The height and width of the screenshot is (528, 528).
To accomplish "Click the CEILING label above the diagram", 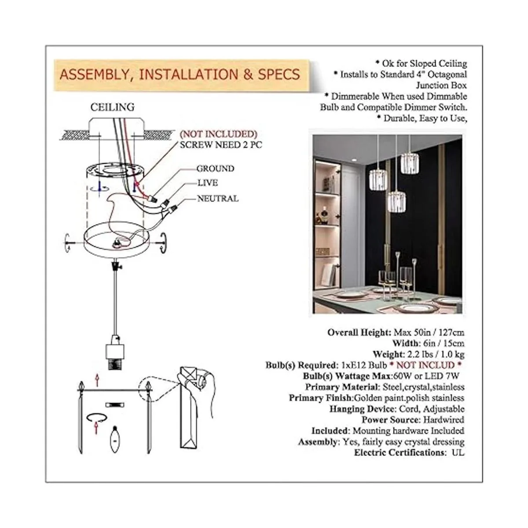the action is pyautogui.click(x=112, y=107).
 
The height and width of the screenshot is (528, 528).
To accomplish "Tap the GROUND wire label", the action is pyautogui.click(x=215, y=169).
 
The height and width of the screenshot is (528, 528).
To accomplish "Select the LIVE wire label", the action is pyautogui.click(x=208, y=183).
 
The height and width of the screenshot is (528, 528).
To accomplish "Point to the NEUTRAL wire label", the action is pyautogui.click(x=218, y=198).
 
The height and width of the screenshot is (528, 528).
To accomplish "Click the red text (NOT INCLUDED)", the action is pyautogui.click(x=218, y=134).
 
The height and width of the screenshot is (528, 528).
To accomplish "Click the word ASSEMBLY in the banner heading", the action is pyautogui.click(x=95, y=75).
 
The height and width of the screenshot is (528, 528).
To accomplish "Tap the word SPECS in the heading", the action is pyautogui.click(x=279, y=74).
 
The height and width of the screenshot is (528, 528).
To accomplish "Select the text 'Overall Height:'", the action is pyautogui.click(x=359, y=332).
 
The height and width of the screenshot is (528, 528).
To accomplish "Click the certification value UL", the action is pyautogui.click(x=458, y=452).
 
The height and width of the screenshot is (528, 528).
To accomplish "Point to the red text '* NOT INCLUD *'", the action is pyautogui.click(x=425, y=365).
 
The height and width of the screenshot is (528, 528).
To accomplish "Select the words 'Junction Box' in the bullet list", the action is pyautogui.click(x=441, y=85).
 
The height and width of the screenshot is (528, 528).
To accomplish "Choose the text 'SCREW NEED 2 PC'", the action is pyautogui.click(x=221, y=145).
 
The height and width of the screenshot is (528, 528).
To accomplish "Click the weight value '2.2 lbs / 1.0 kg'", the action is pyautogui.click(x=435, y=354).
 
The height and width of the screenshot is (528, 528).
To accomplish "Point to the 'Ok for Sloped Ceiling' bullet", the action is pyautogui.click(x=422, y=63).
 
